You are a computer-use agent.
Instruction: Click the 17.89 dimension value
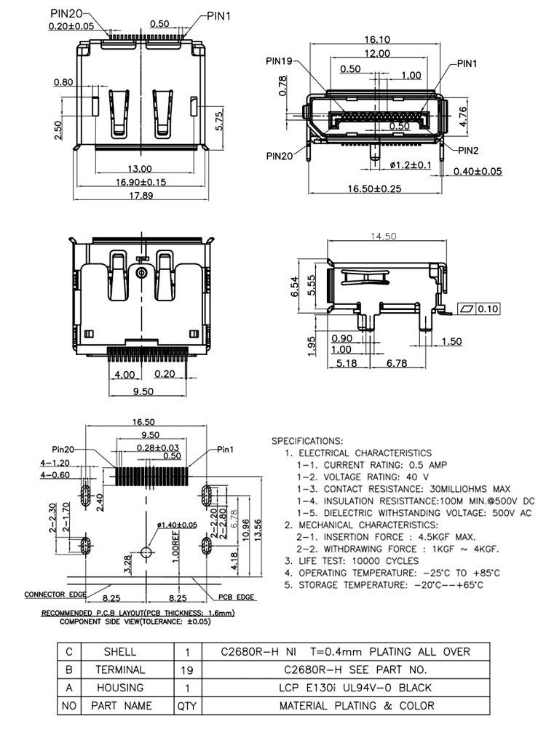pyautogui.click(x=141, y=195)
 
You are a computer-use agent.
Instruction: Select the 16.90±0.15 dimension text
pyautogui.click(x=141, y=182)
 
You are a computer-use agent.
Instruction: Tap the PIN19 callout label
pyautogui.click(x=279, y=61)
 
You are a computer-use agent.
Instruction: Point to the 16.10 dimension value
pyautogui.click(x=377, y=40)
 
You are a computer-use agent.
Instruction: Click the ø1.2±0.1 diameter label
pyautogui.click(x=410, y=164)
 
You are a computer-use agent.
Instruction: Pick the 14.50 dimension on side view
pyautogui.click(x=383, y=237)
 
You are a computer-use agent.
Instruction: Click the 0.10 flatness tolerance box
pyautogui.click(x=478, y=309)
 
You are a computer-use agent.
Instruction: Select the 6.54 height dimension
pyautogui.click(x=294, y=287)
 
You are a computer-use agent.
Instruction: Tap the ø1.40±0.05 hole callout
pyautogui.click(x=177, y=525)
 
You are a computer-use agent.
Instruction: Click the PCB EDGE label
pyautogui.click(x=236, y=597)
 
